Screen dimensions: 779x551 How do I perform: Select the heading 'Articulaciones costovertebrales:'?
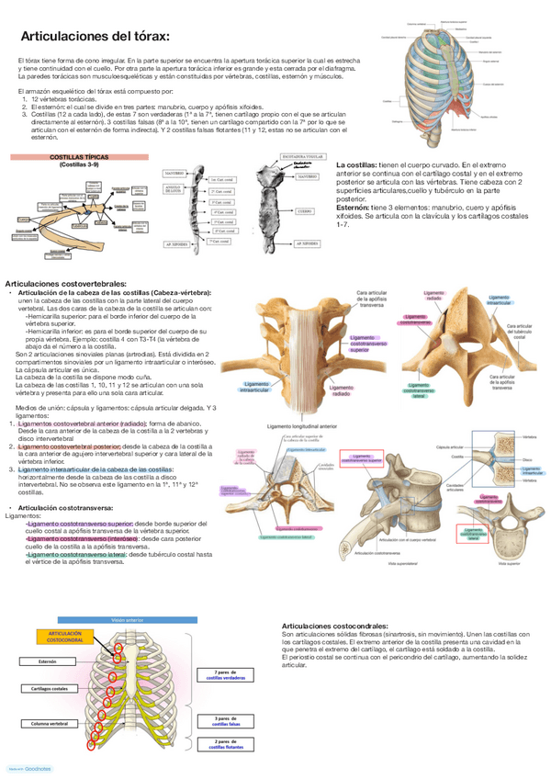[66, 286]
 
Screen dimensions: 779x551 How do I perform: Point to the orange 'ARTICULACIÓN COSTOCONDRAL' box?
[65, 638]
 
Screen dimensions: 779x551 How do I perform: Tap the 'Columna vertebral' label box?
[51, 724]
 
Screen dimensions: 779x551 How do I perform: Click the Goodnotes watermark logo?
[32, 768]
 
